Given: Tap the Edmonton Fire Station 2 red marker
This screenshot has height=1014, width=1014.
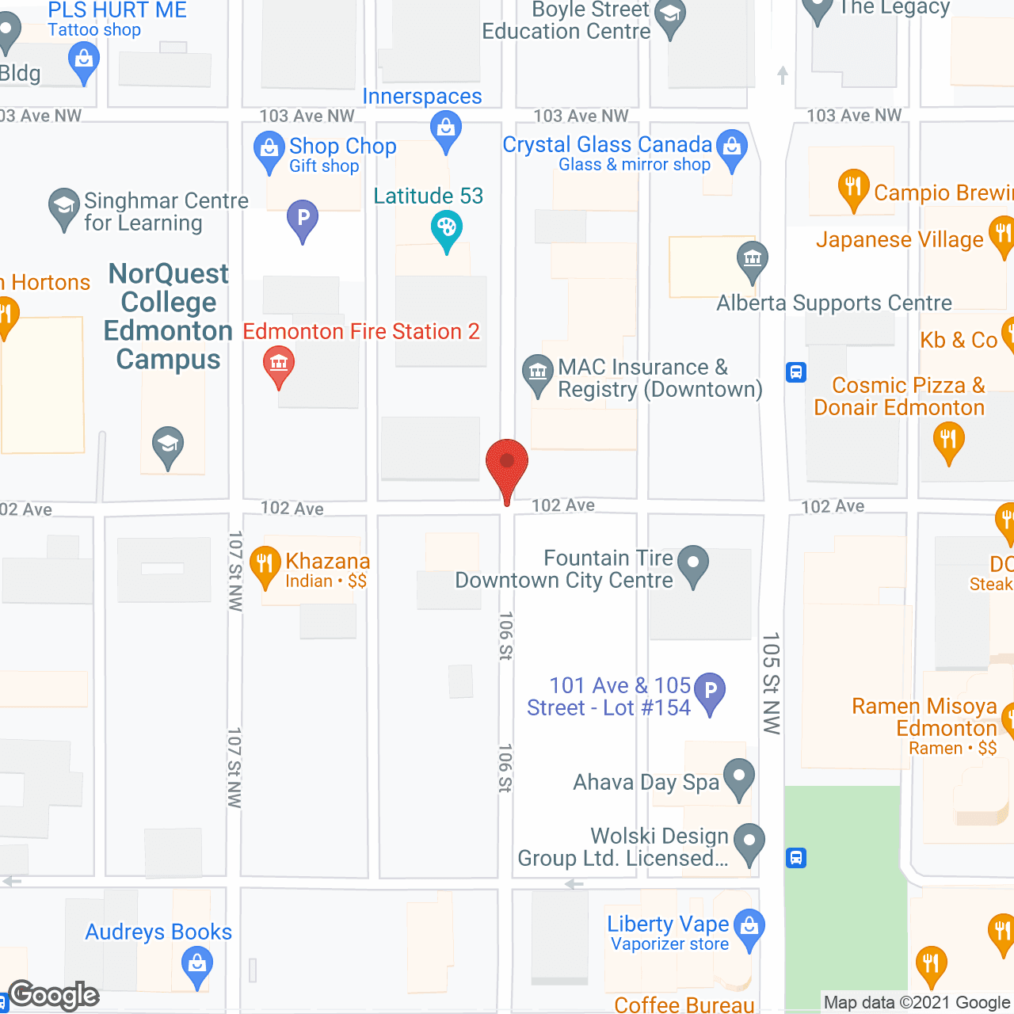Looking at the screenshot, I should click(278, 364).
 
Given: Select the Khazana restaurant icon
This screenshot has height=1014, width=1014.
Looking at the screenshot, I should click(265, 565).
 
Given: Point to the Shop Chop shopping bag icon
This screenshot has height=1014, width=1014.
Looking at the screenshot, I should click(269, 149).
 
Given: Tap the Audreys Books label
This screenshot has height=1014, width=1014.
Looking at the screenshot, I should click(158, 932).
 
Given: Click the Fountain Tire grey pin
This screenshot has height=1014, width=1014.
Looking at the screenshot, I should click(693, 564).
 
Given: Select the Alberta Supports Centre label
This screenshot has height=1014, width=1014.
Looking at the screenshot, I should click(834, 303).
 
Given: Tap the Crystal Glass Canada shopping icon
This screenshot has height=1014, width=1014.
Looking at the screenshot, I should click(732, 147).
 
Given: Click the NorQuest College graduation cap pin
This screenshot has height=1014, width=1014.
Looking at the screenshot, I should click(168, 445).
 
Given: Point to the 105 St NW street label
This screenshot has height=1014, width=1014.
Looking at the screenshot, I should click(771, 683).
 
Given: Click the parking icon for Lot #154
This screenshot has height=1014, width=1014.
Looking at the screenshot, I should click(710, 692).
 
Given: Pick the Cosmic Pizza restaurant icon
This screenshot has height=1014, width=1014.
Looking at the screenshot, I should click(947, 440).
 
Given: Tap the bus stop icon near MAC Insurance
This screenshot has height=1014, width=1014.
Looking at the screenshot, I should click(796, 372).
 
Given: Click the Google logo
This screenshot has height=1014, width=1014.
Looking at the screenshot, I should click(54, 995).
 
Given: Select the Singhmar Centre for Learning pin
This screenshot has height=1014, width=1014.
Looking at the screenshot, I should click(63, 207).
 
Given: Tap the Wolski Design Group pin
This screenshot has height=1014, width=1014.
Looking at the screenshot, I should click(749, 842).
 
